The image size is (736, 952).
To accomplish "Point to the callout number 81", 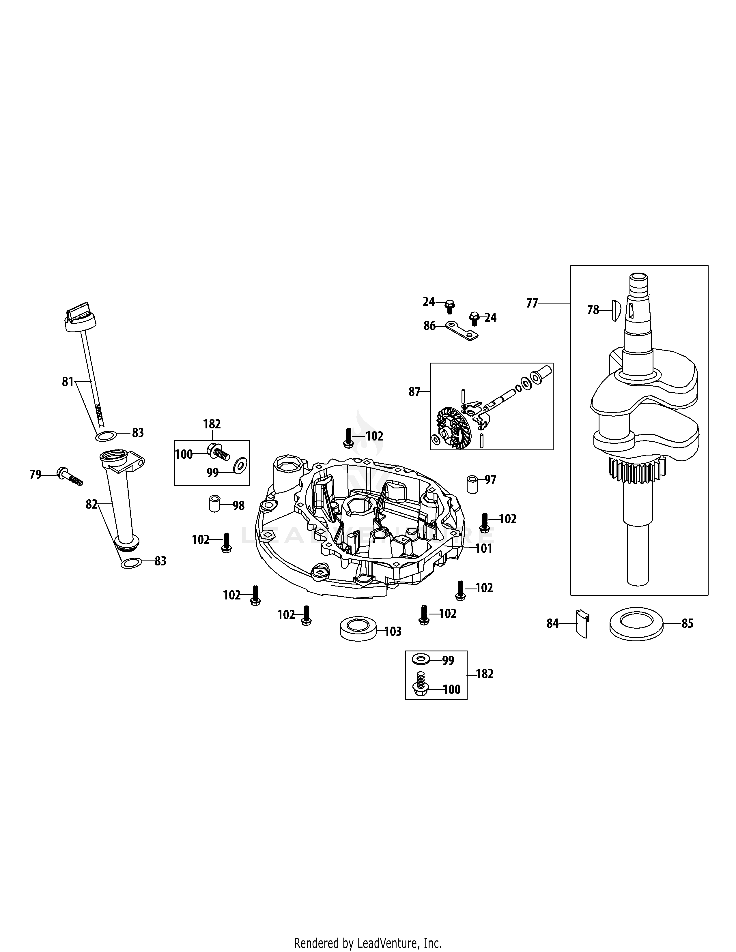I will (x=68, y=382).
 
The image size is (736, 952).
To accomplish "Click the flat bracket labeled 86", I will (x=461, y=331).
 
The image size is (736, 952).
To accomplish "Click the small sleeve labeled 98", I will (x=214, y=503).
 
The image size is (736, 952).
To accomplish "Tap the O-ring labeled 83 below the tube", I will (x=130, y=564).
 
